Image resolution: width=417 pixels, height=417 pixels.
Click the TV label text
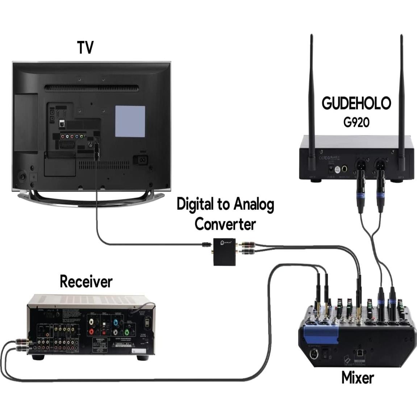[86, 48]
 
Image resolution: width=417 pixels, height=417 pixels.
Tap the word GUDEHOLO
[356, 103]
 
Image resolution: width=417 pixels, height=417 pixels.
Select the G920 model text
[356, 122]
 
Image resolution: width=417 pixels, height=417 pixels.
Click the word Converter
[225, 224]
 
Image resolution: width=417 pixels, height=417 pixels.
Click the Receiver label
[86, 282]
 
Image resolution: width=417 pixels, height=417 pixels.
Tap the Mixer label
[357, 378]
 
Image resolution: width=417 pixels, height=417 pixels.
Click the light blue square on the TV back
[130, 121]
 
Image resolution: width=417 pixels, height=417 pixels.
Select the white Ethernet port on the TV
[62, 124]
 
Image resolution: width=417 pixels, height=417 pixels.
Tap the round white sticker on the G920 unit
[338, 169]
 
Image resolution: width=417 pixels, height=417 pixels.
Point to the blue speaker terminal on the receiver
[116, 322]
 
